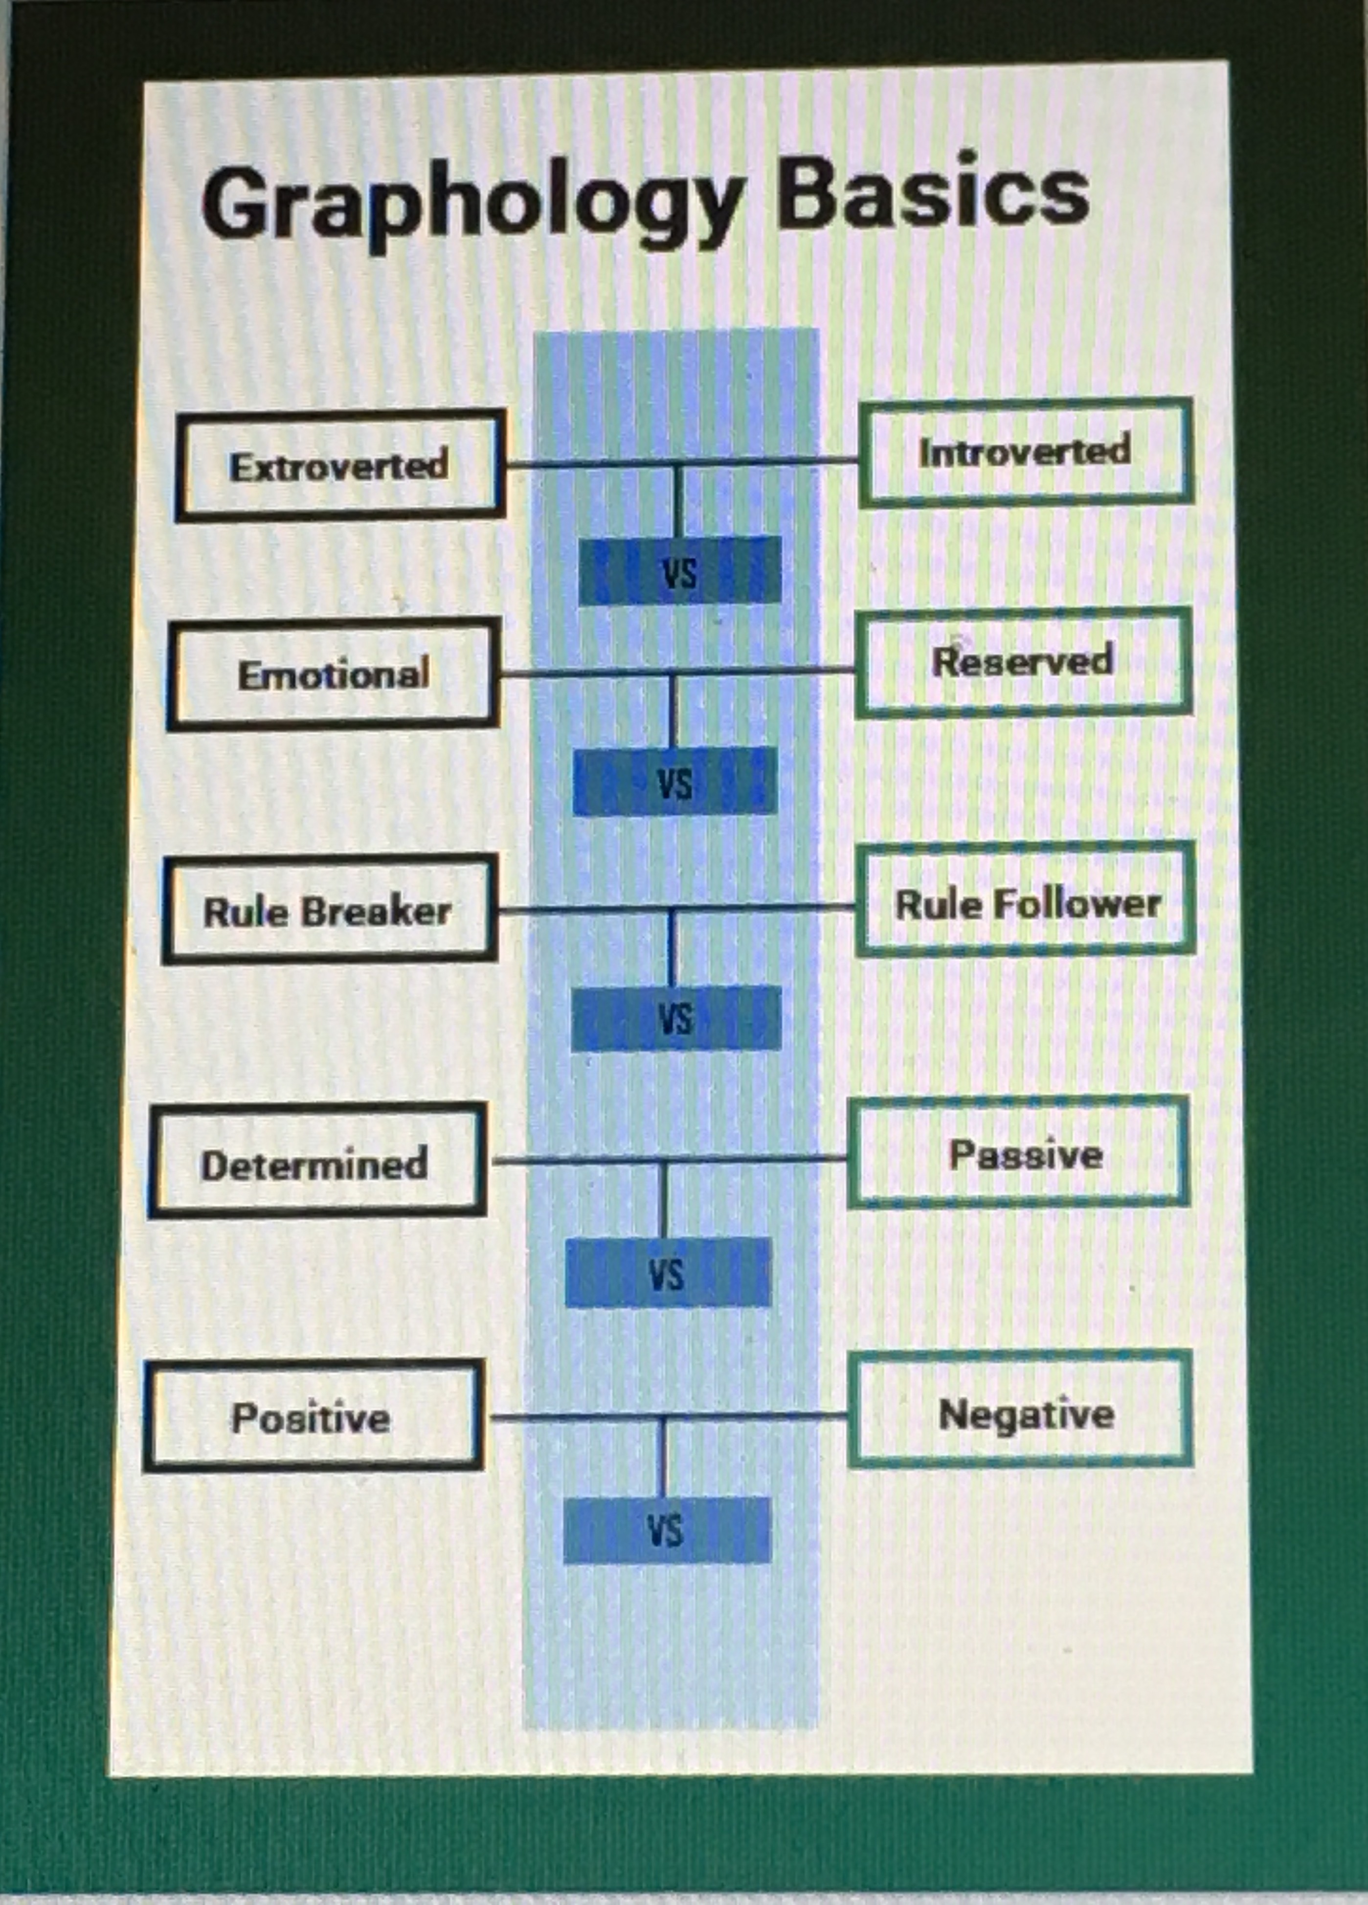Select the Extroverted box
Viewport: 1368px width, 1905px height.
click(339, 465)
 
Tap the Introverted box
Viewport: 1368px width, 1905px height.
click(1025, 452)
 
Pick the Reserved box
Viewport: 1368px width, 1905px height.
click(1023, 662)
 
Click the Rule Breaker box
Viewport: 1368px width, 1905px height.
click(328, 911)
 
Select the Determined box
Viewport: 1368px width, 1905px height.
click(316, 1164)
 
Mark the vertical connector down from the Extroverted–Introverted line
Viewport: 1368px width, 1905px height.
click(678, 500)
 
